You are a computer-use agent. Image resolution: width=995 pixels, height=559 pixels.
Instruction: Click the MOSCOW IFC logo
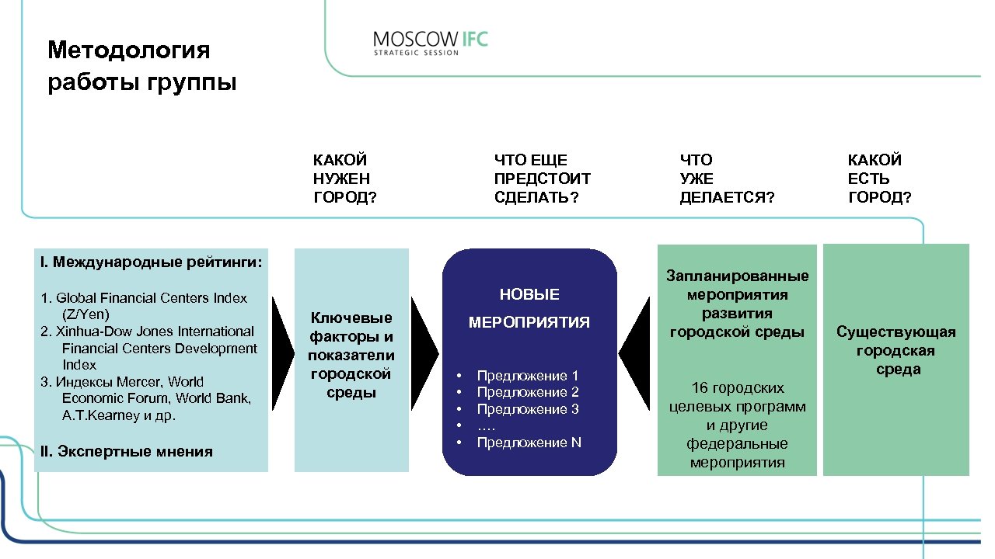tap(430, 42)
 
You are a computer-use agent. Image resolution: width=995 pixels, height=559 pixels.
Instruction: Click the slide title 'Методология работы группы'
tap(141, 66)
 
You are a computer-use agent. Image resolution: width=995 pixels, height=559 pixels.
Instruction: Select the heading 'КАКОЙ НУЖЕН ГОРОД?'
tap(344, 179)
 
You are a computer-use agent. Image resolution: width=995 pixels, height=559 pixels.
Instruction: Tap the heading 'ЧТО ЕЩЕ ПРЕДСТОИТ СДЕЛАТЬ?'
tap(542, 179)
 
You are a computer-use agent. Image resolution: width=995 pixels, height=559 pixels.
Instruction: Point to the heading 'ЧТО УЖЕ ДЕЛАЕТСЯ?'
tap(727, 179)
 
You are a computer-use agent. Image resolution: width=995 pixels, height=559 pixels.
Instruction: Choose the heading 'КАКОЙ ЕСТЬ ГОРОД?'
tap(879, 179)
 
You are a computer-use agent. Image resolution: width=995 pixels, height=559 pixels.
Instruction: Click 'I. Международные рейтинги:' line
tap(151, 261)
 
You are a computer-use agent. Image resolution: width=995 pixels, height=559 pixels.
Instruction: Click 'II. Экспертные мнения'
tap(126, 451)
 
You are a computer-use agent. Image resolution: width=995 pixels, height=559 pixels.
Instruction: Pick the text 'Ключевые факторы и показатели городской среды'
tap(351, 355)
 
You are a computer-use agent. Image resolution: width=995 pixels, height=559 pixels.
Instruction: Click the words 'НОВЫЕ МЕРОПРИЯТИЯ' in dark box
tap(529, 308)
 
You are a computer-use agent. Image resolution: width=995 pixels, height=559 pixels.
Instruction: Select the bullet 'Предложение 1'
tap(528, 376)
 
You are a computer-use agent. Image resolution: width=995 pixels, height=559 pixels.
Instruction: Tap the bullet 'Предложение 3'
tap(528, 409)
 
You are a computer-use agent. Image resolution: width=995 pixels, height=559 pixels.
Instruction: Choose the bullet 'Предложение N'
tap(529, 443)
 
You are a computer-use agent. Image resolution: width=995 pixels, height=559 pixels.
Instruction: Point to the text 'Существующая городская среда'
tap(896, 351)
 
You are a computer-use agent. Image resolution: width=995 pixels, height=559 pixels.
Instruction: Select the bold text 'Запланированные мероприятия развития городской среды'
tap(737, 304)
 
